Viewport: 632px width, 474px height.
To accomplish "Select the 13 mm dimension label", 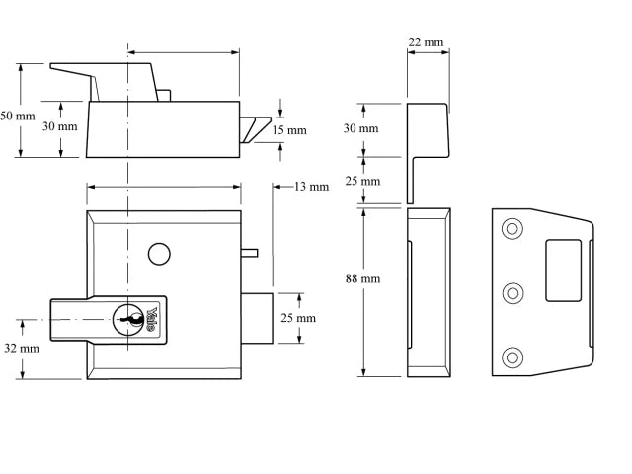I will click(x=312, y=187).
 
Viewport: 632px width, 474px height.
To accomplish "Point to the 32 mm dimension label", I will click(x=22, y=348).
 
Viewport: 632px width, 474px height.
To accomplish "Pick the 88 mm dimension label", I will click(x=362, y=279).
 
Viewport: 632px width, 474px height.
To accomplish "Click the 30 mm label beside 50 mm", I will click(x=59, y=126).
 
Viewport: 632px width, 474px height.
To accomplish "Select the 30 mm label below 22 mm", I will click(x=361, y=129).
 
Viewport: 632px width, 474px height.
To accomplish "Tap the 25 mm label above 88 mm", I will click(x=362, y=182).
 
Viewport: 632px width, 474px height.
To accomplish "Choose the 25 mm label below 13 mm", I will click(x=299, y=318).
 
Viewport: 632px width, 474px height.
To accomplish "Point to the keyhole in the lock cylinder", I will click(x=127, y=318).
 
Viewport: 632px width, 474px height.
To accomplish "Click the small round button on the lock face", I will click(x=156, y=254).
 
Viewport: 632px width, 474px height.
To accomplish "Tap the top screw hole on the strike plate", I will click(x=512, y=229).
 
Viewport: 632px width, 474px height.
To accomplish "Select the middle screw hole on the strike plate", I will click(x=512, y=292).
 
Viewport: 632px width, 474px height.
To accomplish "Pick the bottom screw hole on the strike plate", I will click(x=512, y=356).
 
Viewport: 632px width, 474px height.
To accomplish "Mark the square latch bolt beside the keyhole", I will click(x=256, y=318).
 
